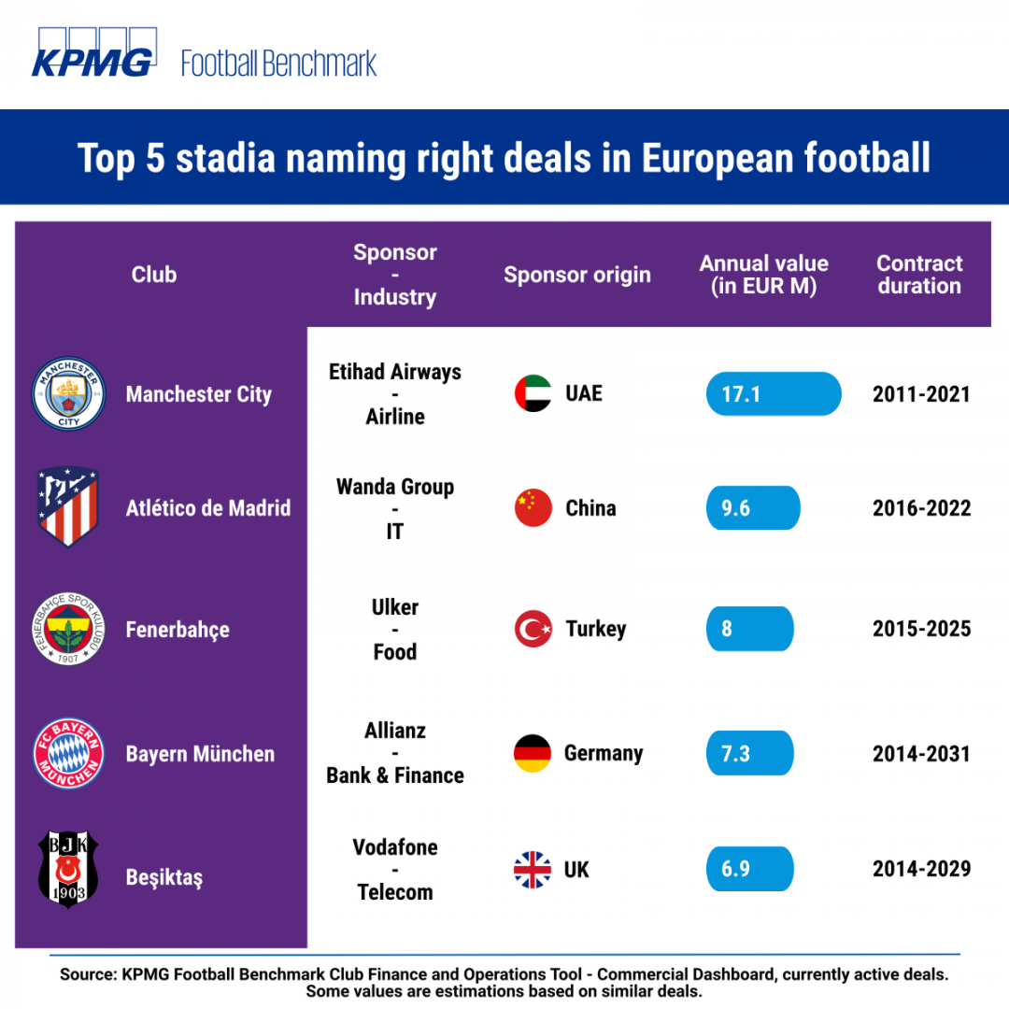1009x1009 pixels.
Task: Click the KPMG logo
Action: point(94,52)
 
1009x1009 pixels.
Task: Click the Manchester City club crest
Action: point(68,393)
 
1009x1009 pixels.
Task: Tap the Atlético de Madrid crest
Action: point(67,506)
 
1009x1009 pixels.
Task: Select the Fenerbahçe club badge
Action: point(68,629)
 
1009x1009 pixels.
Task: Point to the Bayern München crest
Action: point(68,753)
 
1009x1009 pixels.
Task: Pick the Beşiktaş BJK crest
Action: point(68,869)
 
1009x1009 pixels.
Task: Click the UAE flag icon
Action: point(533,393)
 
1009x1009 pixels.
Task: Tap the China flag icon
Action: point(533,507)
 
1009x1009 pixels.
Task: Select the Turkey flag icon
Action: point(533,629)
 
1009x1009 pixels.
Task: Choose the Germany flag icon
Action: point(533,753)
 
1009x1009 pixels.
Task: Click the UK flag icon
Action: point(533,870)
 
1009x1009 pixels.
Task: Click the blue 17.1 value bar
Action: point(774,394)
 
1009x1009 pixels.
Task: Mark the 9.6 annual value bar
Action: point(753,507)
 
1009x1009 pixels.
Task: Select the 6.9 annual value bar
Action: point(749,869)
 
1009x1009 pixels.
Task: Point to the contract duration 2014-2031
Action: point(921,754)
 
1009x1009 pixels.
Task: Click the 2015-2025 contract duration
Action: point(921,629)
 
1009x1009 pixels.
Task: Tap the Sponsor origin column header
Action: point(577,276)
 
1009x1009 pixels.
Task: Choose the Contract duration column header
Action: point(919,275)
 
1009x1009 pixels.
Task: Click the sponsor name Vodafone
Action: point(395,847)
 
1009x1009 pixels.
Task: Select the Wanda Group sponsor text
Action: point(395,487)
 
